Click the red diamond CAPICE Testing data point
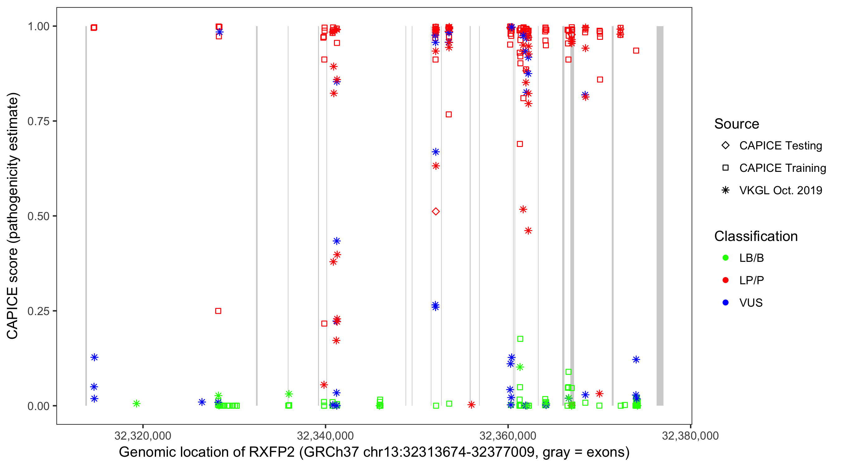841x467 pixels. coord(435,211)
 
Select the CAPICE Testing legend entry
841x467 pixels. coord(780,146)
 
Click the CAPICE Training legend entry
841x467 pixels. coord(782,168)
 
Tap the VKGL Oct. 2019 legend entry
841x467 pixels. coord(780,190)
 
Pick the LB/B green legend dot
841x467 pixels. coord(725,258)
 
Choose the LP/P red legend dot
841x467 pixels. coord(725,280)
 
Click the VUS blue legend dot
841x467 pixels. coord(725,303)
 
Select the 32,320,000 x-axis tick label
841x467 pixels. coord(143,436)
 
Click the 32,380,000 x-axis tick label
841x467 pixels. coord(690,436)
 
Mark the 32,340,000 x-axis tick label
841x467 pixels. coord(325,436)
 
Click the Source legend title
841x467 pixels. coord(737,124)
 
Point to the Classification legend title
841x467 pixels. coord(756,236)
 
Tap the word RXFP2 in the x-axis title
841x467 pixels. coord(272,452)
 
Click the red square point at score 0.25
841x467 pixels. coord(218,311)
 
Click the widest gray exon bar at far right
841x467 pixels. coord(660,215)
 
